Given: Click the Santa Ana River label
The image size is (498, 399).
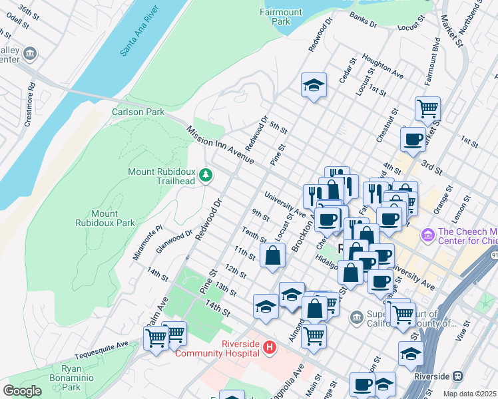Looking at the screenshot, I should click(x=142, y=33).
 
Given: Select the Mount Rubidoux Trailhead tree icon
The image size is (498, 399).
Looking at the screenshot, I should click(x=206, y=175).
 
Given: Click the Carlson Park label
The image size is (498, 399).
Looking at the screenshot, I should click(x=138, y=112).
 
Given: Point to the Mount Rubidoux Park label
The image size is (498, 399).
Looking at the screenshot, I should click(x=105, y=218).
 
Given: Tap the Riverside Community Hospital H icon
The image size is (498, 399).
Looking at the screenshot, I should click(x=269, y=346).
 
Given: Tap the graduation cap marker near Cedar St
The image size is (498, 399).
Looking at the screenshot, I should click(x=314, y=85).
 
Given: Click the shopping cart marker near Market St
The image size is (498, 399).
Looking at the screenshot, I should click(x=427, y=108).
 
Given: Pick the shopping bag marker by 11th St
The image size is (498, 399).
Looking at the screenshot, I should click(x=273, y=255).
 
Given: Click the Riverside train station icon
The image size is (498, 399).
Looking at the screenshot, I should click(x=457, y=376).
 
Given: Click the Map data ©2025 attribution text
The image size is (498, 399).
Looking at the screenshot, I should click(x=469, y=394).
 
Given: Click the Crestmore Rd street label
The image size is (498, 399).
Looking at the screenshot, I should click(x=29, y=104).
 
